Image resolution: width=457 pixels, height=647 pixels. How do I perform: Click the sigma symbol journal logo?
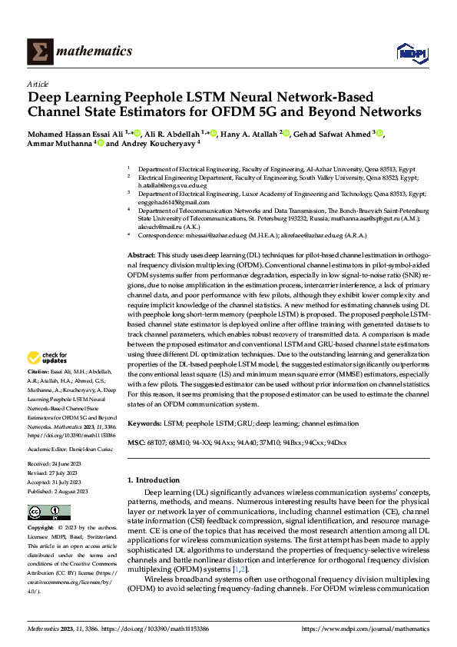tap(38, 51)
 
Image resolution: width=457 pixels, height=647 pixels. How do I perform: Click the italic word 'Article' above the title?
tap(38, 84)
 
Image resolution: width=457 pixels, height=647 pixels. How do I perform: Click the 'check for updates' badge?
tap(46, 357)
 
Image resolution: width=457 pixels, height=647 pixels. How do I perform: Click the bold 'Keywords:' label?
tap(145, 423)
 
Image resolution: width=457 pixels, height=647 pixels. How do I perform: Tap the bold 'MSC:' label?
tap(135, 443)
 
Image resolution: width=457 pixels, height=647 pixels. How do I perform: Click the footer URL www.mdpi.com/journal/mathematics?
tap(364, 629)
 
